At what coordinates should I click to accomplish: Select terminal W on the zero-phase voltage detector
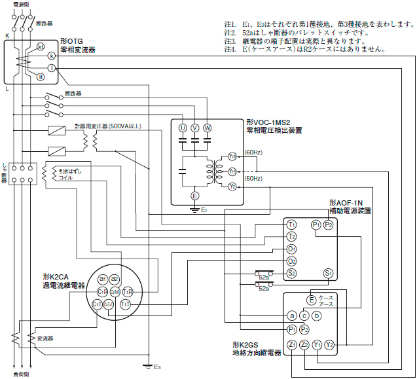tap(208, 127)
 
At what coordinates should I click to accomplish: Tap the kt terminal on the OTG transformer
tap(41, 46)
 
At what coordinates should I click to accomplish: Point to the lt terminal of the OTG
tap(41, 77)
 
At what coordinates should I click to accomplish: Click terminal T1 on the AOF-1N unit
tap(291, 225)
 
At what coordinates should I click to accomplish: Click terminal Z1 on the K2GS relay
tap(291, 344)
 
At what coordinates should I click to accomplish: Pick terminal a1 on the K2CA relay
tap(102, 279)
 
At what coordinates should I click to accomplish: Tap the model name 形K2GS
tap(247, 344)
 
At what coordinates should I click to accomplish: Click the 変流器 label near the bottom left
tap(45, 338)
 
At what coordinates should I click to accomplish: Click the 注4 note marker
tap(229, 49)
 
